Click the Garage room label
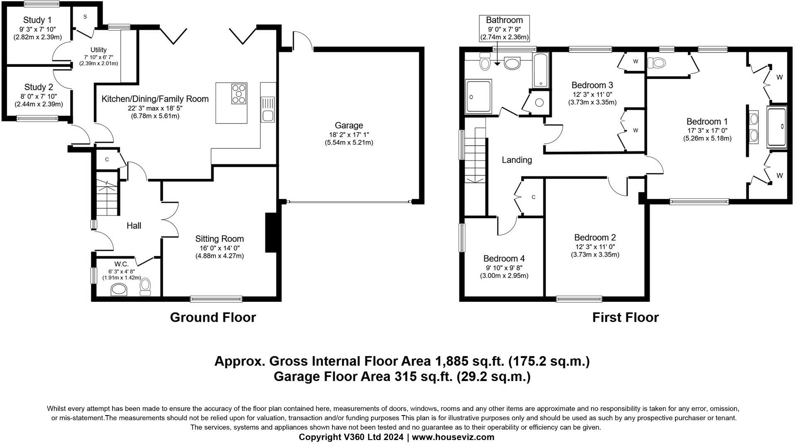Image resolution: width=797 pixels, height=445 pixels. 349,125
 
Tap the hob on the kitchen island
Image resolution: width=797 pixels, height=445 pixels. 239,93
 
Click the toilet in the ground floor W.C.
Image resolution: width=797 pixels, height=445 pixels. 145,286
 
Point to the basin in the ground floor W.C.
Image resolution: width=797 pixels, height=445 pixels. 119,290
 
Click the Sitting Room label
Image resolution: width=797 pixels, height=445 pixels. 220,239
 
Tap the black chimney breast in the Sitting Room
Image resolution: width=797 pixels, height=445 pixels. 271,232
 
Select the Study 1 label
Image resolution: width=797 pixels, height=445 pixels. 37,20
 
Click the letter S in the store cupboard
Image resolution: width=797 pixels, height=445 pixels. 85,17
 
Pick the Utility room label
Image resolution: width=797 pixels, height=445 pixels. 99,50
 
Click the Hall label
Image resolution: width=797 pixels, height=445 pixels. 134,225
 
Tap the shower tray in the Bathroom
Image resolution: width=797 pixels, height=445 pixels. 479,96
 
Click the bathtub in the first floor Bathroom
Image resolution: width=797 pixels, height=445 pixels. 540,71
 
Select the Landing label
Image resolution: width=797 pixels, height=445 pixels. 517,160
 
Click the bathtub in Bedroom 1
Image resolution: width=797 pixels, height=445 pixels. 777,127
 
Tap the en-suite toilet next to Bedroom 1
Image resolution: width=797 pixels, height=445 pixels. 656,63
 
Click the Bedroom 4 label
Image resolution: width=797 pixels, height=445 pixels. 504,259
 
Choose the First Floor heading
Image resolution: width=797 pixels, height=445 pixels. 625,318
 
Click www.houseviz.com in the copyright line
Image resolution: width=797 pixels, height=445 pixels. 453,437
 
